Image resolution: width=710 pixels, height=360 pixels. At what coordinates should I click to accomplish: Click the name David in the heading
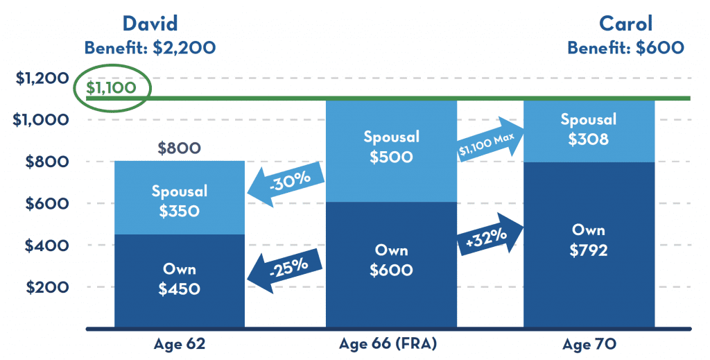(150, 23)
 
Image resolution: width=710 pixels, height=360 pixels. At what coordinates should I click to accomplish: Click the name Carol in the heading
(625, 23)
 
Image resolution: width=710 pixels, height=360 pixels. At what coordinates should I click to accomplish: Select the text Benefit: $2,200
(150, 48)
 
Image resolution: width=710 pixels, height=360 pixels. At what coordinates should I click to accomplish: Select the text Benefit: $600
(625, 48)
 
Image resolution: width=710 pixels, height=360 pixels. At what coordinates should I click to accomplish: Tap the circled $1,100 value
(111, 88)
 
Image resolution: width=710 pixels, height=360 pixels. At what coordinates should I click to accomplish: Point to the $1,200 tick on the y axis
(40, 78)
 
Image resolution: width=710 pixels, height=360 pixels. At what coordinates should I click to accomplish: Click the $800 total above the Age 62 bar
(179, 148)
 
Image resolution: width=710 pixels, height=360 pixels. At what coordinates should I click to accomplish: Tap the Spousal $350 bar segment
(179, 200)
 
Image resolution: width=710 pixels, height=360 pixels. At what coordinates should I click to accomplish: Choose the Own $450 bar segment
(179, 280)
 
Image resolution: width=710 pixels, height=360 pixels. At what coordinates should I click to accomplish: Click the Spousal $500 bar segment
(391, 147)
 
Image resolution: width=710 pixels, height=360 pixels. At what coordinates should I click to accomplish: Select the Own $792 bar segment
(588, 240)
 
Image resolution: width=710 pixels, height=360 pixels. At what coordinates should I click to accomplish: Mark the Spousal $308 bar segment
(588, 130)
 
